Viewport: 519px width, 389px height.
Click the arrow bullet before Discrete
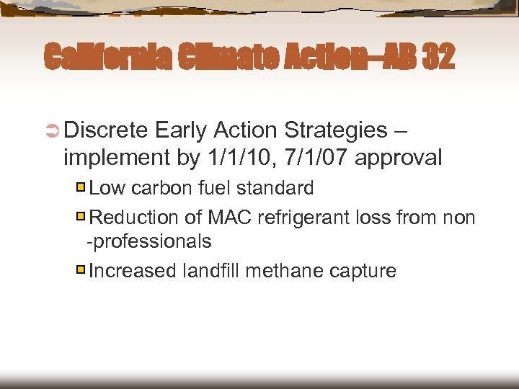[53, 130]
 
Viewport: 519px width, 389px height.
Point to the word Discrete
[107, 130]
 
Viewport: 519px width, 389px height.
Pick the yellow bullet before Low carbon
[81, 188]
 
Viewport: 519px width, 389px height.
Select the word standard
[278, 189]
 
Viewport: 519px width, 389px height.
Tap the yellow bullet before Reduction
[81, 216]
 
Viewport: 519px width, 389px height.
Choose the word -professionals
[149, 241]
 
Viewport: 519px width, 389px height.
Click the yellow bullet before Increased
[81, 270]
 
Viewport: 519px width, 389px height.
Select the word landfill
[212, 271]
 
